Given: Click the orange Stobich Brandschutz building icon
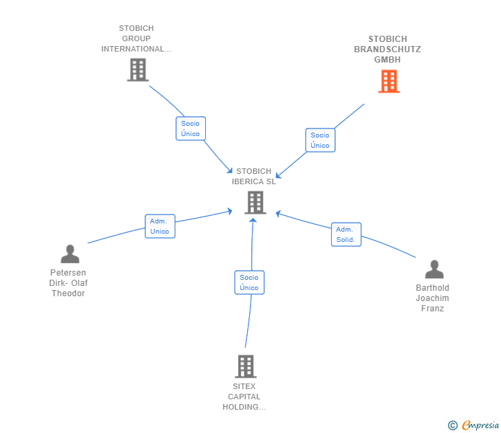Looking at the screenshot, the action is (388, 82).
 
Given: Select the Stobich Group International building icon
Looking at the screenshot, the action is (138, 69).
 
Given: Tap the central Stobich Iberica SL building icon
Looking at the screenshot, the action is (255, 202).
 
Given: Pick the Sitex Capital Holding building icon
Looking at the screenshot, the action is (245, 366).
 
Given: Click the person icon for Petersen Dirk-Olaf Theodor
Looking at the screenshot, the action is (70, 254).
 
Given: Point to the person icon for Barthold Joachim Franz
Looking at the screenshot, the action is (434, 269).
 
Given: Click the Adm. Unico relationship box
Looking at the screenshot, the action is (160, 226).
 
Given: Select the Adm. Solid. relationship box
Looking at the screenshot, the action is (345, 234).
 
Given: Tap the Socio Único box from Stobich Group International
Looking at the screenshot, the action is (191, 129).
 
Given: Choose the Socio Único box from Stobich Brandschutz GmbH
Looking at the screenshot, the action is (320, 140).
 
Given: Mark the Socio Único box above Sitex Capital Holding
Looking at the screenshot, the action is (249, 282).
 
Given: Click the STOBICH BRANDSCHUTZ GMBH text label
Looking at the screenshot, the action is (387, 49).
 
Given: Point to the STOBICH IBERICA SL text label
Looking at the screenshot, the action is (254, 177).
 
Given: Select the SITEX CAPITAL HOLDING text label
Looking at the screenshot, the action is (244, 397).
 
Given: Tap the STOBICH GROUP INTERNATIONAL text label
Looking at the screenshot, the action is (136, 38).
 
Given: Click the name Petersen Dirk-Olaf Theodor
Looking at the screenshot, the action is (68, 283).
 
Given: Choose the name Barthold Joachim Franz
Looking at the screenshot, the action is (433, 298).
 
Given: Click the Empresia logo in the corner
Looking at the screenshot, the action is (480, 425).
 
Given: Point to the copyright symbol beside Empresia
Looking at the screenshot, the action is (452, 425).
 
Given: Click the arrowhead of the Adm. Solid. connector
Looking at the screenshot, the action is (278, 213).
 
